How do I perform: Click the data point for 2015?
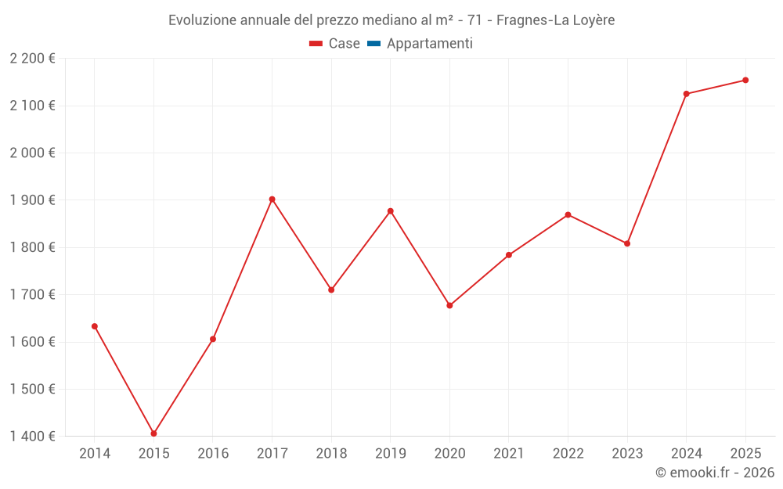coord(153,433)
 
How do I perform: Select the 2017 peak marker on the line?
coord(272,200)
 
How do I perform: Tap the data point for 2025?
coord(745,80)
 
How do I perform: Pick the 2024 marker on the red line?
coord(686,94)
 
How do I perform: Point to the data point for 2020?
coord(449,306)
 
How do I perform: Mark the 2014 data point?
coord(95,326)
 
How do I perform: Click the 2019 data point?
coord(390,211)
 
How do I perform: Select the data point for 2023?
coord(627,243)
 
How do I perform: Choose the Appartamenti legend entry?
coord(420,44)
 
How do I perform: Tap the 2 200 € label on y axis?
coord(32,59)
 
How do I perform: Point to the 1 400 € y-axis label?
coord(32,437)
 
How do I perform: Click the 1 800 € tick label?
coord(32,248)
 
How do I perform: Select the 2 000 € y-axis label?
coord(32,153)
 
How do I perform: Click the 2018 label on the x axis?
coord(331,454)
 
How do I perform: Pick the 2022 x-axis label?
coord(568,454)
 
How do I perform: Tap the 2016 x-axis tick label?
coord(213,454)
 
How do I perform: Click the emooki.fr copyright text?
coord(714,473)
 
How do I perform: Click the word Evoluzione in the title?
coord(200,20)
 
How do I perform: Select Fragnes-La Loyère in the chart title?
coord(556,20)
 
